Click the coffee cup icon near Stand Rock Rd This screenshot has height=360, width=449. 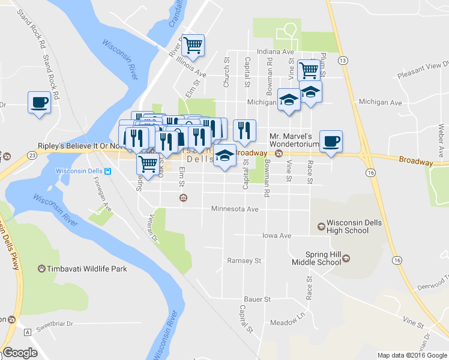point(39,102)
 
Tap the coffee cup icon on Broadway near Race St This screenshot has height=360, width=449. point(331,141)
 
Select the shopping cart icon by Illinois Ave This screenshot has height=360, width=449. point(193,45)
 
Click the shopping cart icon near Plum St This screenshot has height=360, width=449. point(309,69)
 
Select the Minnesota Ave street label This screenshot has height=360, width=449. point(235,209)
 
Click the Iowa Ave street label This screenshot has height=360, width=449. point(276,236)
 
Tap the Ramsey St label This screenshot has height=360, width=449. point(244,261)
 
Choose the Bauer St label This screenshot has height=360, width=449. point(258,299)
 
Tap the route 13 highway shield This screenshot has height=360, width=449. point(343,61)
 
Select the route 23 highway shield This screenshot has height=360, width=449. point(32,154)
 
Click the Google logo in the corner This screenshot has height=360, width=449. point(20,353)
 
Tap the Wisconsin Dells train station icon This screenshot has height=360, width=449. point(107,171)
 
